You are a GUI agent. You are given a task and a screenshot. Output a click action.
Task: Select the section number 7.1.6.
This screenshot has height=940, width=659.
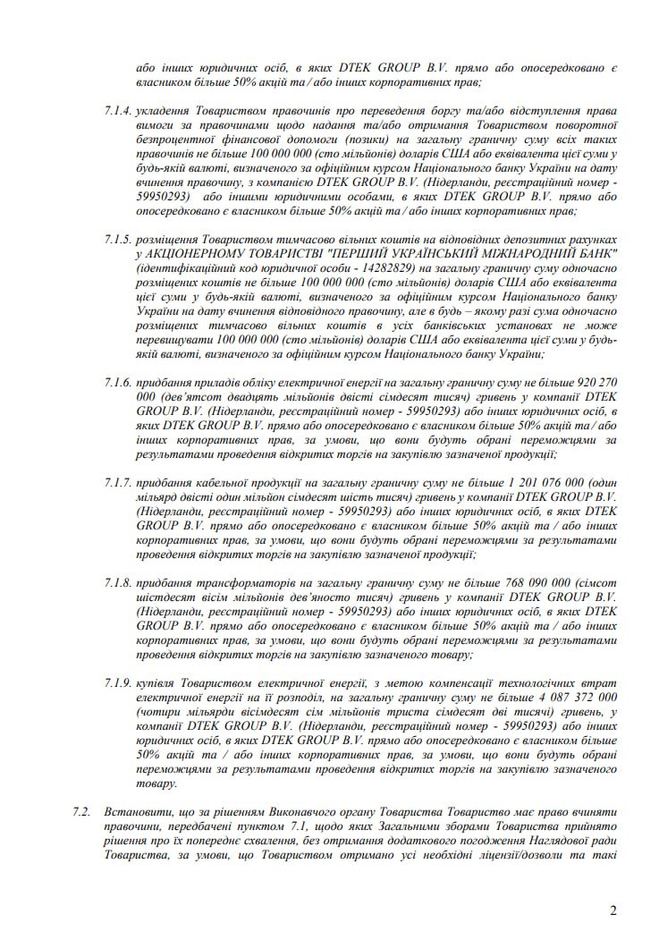118,383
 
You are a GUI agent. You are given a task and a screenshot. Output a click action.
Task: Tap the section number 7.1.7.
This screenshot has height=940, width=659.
118,483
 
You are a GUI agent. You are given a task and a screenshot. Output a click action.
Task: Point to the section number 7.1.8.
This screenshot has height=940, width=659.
118,583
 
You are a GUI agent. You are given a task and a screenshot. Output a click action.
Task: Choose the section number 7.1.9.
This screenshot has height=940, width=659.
118,683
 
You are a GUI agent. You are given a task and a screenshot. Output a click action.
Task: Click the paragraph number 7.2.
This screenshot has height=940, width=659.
81,810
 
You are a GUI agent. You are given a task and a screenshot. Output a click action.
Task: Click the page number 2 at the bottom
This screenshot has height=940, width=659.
613,911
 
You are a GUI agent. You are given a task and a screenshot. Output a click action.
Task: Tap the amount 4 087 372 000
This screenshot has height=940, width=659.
570,698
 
